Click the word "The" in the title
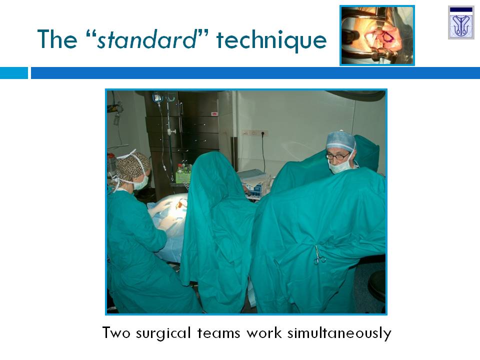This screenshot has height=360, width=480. (57, 39)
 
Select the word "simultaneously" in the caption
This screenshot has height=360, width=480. (339, 333)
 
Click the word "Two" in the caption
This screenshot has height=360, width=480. (116, 333)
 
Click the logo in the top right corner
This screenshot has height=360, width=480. (461, 22)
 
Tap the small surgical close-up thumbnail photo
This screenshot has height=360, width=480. (377, 35)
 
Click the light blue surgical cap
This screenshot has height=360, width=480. (340, 140)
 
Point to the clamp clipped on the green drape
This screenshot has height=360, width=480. (319, 256)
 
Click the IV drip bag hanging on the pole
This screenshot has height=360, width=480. (157, 97)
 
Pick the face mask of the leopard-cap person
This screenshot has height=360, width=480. (141, 183)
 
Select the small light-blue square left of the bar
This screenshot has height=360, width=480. (14, 73)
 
